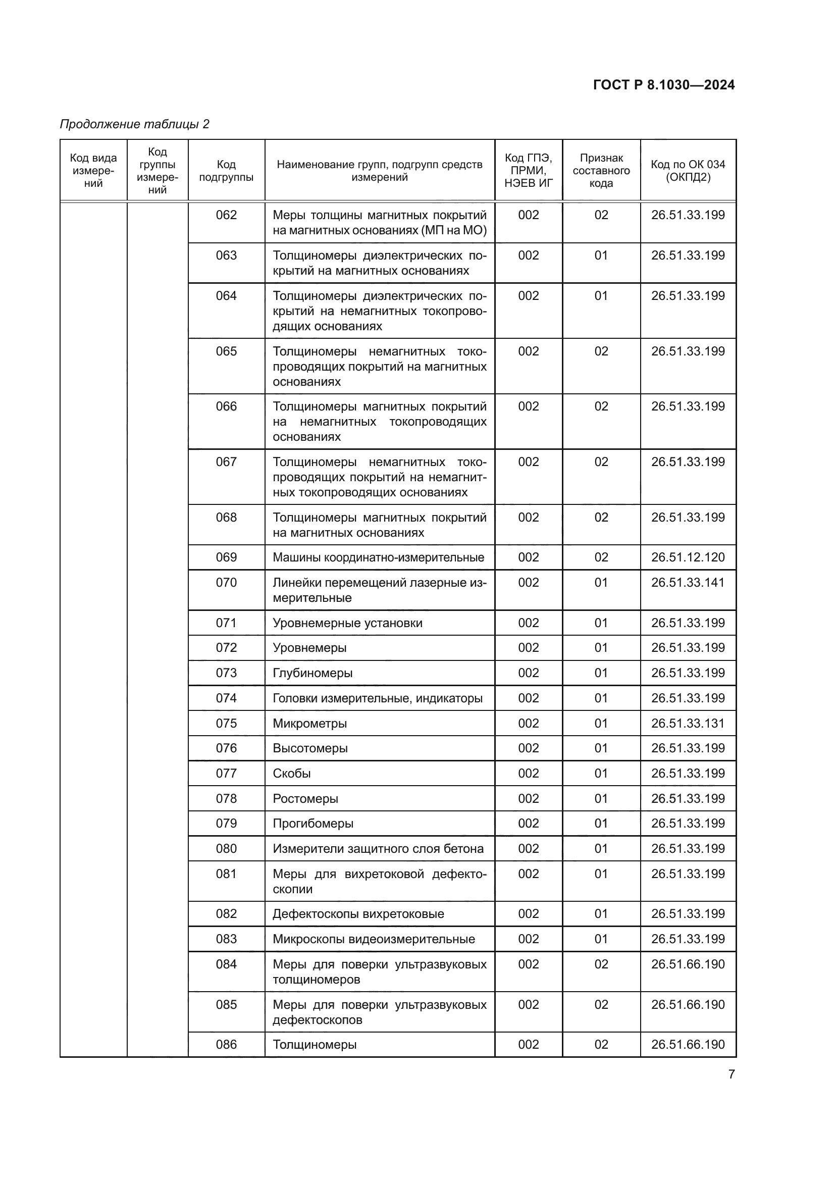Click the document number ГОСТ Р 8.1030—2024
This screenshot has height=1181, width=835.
click(663, 85)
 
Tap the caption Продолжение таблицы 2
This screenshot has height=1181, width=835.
click(135, 124)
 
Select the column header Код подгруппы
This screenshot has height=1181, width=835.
click(226, 171)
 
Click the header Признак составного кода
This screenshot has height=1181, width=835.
click(601, 171)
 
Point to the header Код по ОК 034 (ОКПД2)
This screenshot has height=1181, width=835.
click(688, 171)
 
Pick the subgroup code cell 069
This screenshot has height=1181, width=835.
click(226, 557)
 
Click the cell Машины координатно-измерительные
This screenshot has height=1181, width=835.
click(379, 557)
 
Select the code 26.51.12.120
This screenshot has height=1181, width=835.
click(688, 557)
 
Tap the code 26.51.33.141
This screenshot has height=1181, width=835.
click(688, 583)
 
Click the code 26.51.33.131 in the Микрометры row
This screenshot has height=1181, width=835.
click(688, 724)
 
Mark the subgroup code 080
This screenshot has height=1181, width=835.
click(226, 849)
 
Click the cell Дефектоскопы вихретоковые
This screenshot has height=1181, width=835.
click(358, 914)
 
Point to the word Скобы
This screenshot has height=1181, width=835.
click(291, 774)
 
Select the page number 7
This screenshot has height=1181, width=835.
click(731, 1074)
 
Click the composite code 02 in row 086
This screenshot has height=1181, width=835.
click(601, 1045)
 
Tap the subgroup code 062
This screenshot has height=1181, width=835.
click(226, 215)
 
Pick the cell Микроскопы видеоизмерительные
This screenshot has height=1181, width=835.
click(374, 939)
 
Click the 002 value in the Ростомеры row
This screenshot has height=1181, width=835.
click(528, 799)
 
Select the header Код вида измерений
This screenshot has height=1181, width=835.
click(93, 171)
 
